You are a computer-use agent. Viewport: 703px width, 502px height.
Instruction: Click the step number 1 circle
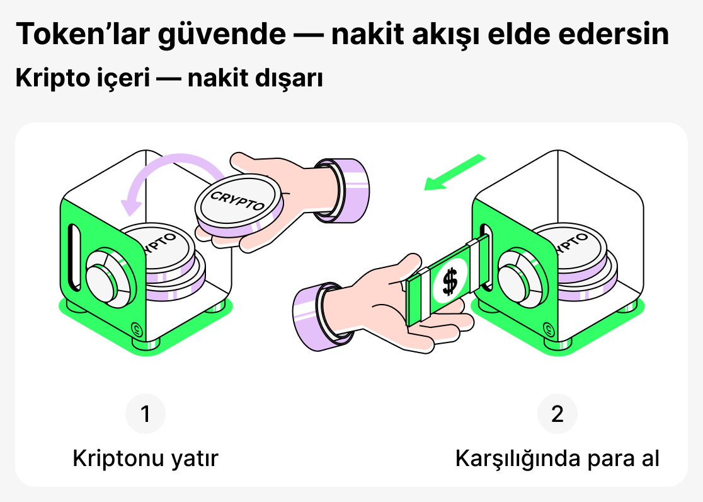tap(146, 414)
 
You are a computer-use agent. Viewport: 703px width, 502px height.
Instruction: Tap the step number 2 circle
tap(557, 414)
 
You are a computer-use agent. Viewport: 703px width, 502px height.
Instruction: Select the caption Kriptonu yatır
tap(146, 458)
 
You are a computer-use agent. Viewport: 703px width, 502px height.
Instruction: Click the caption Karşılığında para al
tap(557, 458)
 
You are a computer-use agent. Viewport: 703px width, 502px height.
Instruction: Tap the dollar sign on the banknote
tap(449, 281)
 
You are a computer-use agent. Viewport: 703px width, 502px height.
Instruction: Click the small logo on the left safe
tap(136, 328)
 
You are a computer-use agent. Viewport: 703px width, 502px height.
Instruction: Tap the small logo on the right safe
tap(550, 327)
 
